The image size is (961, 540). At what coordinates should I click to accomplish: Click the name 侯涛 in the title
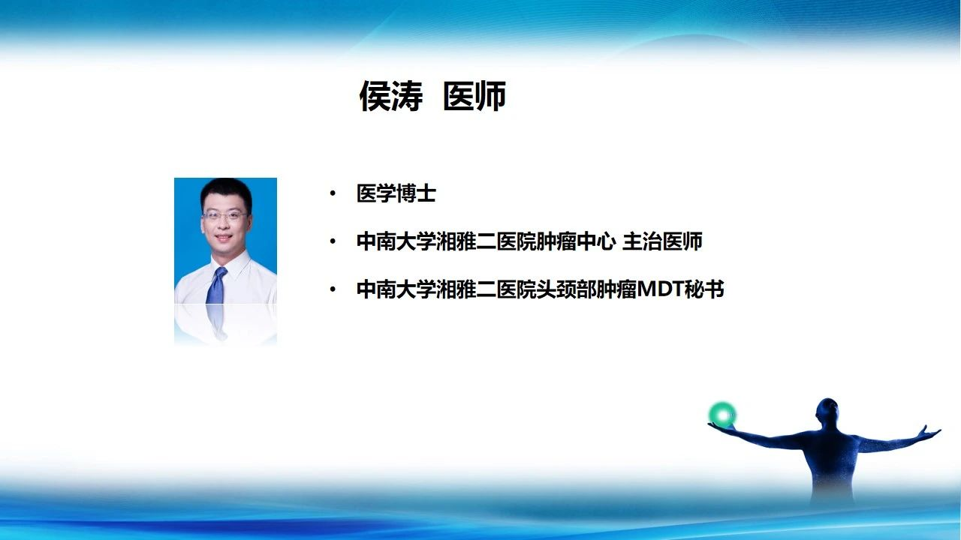[x=391, y=96]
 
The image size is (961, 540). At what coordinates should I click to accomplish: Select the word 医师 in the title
[x=474, y=96]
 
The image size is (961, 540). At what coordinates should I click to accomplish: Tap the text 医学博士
[x=396, y=193]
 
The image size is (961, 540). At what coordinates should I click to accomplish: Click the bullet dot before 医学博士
[x=333, y=193]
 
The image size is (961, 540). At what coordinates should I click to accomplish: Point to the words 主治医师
[x=662, y=241]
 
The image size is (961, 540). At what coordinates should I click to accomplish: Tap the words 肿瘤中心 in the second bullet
[x=576, y=241]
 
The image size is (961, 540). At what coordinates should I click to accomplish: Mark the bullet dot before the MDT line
[x=333, y=289]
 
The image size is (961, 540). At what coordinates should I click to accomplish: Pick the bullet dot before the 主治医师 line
[x=333, y=241]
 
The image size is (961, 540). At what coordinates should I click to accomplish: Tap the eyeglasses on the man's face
[x=224, y=214]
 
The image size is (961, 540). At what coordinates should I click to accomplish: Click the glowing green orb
[x=722, y=415]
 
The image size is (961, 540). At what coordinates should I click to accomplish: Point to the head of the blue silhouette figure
[x=827, y=412]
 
